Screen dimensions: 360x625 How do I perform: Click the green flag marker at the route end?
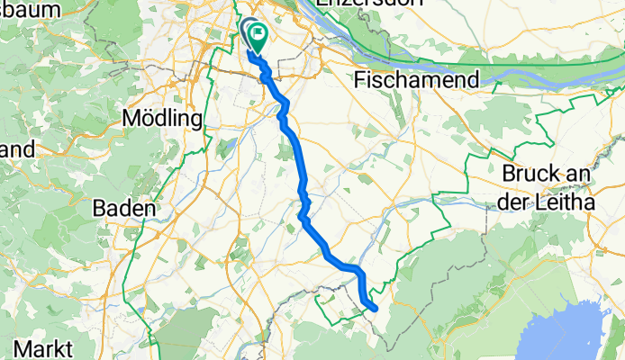pos(258,37)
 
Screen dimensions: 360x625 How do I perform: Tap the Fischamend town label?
pos(416,80)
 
